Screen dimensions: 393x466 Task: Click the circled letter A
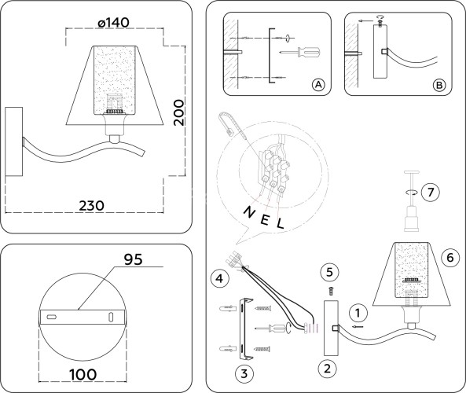[x=317, y=84]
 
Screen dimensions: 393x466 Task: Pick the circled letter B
[x=439, y=84]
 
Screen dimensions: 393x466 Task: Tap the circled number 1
[x=357, y=311]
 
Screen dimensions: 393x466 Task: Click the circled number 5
[x=330, y=272]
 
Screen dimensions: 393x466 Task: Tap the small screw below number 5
[x=330, y=289]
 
